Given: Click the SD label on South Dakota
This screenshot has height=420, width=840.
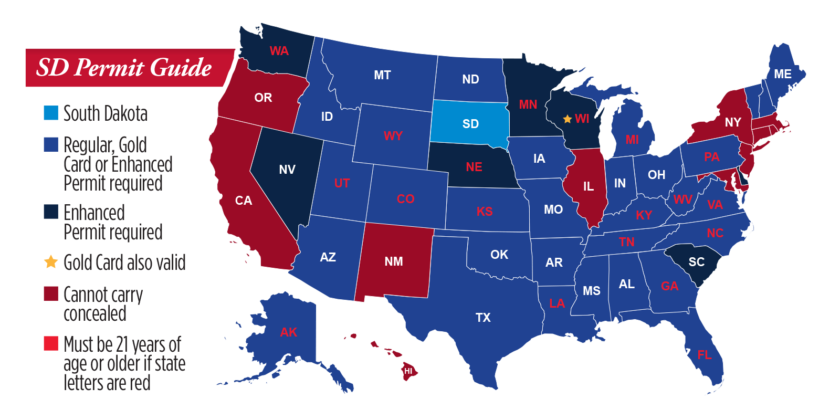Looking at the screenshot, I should (x=470, y=124).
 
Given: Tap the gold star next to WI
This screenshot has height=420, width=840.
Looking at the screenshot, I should (x=567, y=119).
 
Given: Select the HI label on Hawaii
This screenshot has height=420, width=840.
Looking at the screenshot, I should (x=408, y=371).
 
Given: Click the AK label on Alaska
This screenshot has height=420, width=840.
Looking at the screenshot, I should (x=289, y=332).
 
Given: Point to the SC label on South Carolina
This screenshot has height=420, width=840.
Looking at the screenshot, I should (x=696, y=262).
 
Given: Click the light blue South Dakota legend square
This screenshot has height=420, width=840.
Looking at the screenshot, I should (x=51, y=113).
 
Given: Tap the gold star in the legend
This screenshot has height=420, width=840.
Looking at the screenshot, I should (x=51, y=262).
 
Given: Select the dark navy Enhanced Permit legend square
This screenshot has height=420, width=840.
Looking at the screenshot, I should (x=51, y=212).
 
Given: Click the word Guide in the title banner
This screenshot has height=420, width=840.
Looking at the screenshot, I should (x=181, y=68).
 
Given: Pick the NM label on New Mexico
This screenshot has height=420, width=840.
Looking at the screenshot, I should (x=394, y=261).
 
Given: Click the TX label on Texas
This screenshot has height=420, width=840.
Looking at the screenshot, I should (x=483, y=318).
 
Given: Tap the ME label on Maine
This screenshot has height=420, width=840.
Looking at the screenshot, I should (x=782, y=75).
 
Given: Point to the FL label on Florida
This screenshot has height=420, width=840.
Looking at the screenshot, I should (x=704, y=355).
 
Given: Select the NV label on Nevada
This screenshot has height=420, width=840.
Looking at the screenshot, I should (x=287, y=170).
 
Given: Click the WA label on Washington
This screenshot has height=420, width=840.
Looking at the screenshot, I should (x=279, y=51).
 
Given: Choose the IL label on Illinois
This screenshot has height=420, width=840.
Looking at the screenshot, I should (x=589, y=186).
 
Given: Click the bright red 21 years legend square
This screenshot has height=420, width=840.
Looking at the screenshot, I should (x=51, y=343).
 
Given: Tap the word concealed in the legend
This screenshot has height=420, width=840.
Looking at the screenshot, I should (x=95, y=314).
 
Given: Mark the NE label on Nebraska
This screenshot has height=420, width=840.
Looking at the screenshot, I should (x=474, y=167).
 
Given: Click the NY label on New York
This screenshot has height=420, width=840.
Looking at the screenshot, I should (x=733, y=122).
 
